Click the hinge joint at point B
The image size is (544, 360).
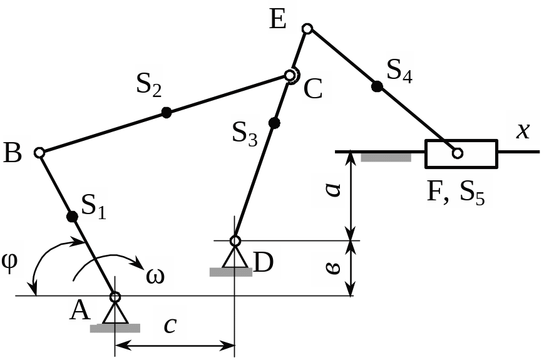pyautogui.click(x=39, y=152)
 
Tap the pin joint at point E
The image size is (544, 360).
pyautogui.click(x=307, y=28)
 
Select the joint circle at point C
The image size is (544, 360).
pyautogui.click(x=290, y=75)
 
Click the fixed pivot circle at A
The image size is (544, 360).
pyautogui.click(x=115, y=296)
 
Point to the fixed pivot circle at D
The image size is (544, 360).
pyautogui.click(x=235, y=240)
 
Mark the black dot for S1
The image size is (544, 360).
pyautogui.click(x=72, y=217)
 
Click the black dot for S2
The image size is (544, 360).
pyautogui.click(x=166, y=112)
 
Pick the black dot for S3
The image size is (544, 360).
pyautogui.click(x=273, y=123)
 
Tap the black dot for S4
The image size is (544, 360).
pyautogui.click(x=376, y=86)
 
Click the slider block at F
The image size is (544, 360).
pyautogui.click(x=461, y=153)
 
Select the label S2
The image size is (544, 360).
pyautogui.click(x=149, y=86)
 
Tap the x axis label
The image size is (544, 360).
pyautogui.click(x=522, y=130)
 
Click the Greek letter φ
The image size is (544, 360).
pyautogui.click(x=11, y=260)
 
